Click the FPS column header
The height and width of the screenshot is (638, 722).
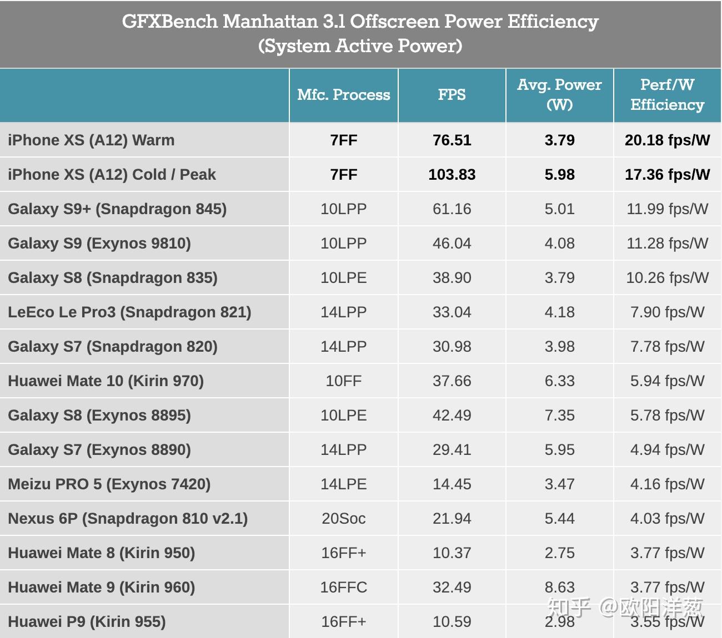452,95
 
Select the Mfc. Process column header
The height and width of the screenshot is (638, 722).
343,95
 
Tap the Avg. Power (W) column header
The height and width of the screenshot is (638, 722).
559,95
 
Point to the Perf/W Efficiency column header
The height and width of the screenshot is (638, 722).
667,95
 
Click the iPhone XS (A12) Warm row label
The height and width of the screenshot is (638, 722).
91,140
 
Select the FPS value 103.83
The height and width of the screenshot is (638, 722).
452,175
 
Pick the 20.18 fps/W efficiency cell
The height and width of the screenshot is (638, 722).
667,140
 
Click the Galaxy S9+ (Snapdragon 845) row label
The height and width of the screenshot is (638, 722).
117,209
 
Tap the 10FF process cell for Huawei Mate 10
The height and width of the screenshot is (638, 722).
343,381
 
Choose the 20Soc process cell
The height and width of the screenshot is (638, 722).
343,519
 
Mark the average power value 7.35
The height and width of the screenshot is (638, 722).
559,416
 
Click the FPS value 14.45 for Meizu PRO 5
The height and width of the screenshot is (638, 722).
452,484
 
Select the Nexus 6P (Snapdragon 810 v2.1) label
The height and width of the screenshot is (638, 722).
128,519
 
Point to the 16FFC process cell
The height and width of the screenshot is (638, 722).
343,588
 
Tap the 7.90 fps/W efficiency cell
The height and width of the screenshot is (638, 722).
667,312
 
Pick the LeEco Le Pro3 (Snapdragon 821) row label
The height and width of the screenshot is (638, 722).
129,312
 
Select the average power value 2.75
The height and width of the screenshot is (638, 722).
559,553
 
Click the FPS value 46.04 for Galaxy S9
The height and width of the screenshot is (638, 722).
452,244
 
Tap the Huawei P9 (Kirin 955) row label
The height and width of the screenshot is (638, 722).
87,622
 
